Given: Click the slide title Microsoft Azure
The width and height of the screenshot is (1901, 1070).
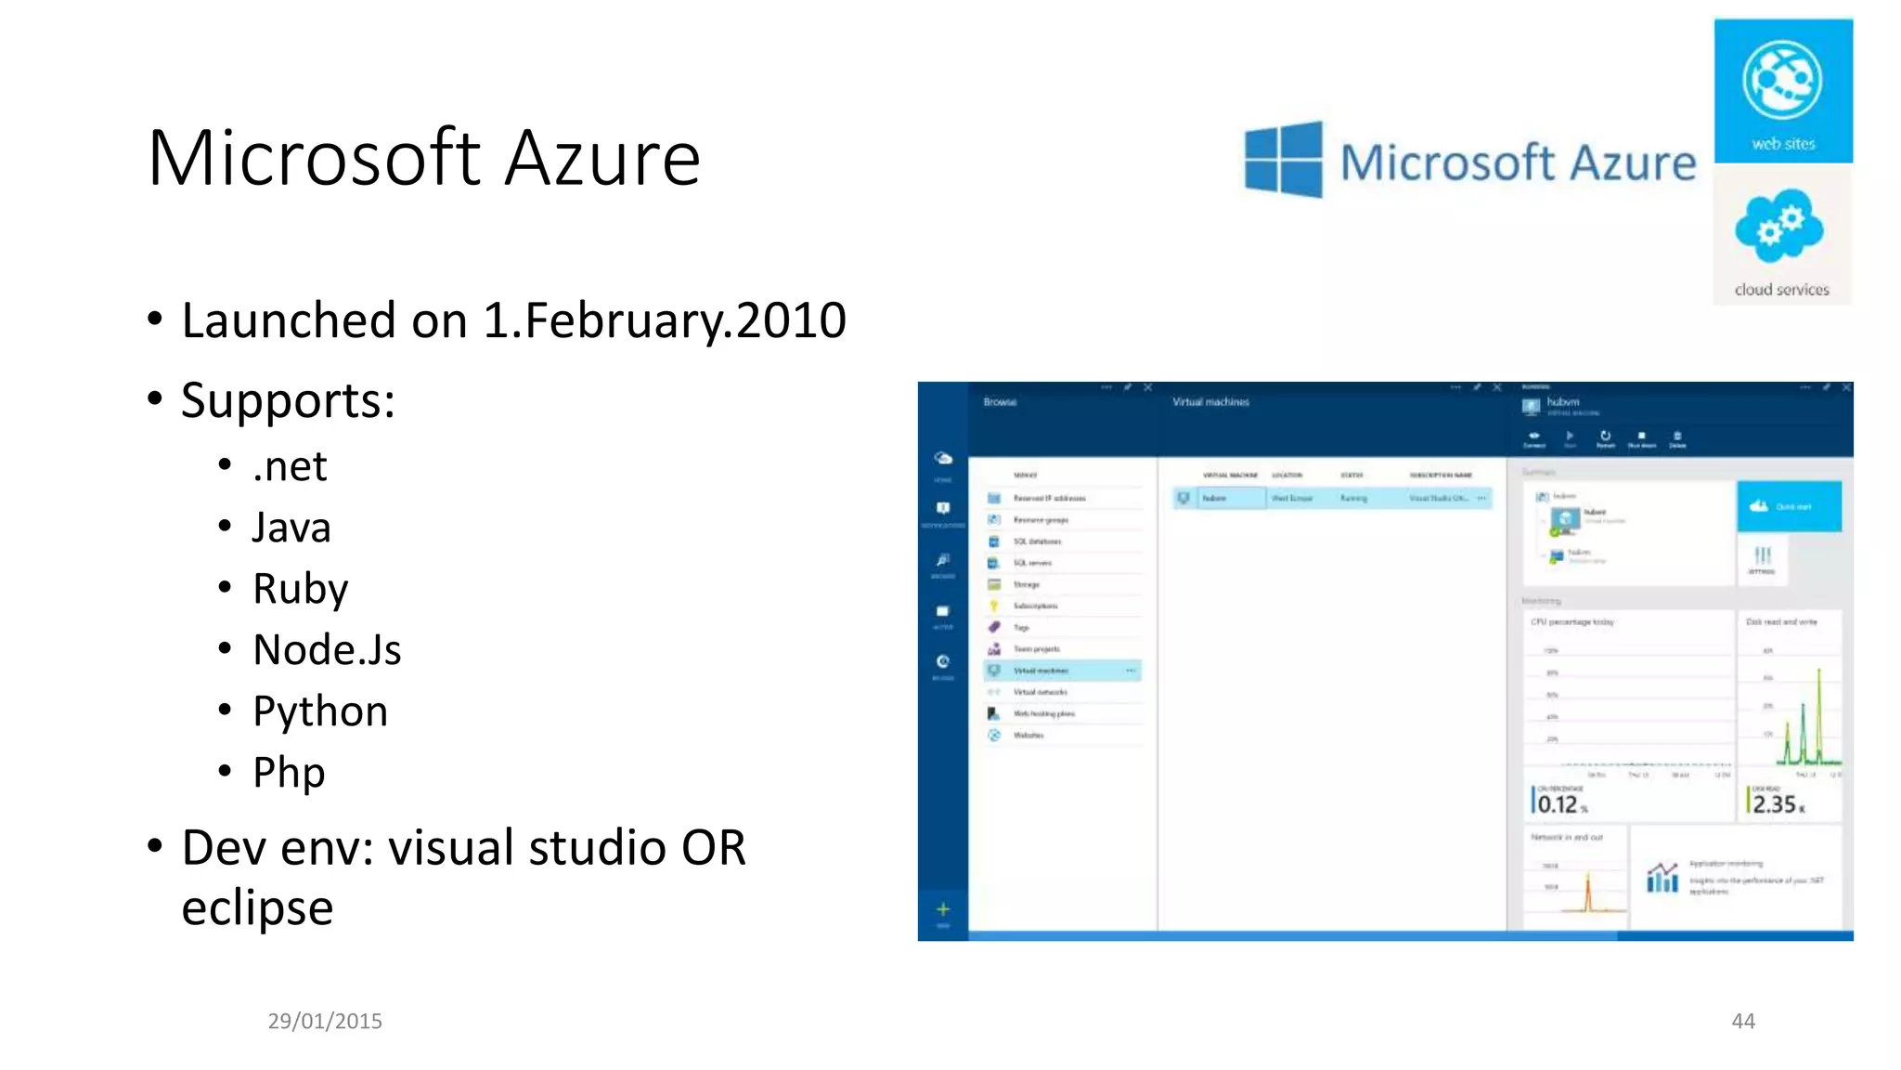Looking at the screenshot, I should [x=423, y=158].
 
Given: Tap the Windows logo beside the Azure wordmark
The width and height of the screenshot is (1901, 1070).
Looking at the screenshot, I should [x=1284, y=160].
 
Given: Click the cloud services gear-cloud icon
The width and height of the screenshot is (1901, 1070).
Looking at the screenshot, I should [x=1779, y=226].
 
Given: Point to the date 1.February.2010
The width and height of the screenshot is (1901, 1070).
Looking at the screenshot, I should [x=664, y=320].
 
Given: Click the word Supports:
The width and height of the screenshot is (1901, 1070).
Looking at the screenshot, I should [x=288, y=401].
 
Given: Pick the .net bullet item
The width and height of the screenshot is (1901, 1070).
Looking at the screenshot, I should [x=290, y=466].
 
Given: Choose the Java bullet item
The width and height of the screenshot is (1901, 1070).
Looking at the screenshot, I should [x=291, y=528].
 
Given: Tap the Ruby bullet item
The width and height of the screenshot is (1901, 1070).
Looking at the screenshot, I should [x=300, y=589].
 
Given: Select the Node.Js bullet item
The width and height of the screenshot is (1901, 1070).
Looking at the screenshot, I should [x=327, y=649].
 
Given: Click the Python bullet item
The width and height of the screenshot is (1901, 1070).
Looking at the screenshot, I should [x=320, y=711].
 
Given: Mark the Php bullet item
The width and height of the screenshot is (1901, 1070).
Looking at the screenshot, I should [x=289, y=773].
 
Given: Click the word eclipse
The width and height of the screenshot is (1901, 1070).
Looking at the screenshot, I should [x=257, y=907].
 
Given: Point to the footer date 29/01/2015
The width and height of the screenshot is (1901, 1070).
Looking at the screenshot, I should [x=325, y=1021].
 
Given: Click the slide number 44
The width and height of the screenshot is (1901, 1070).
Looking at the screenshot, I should [x=1742, y=1021].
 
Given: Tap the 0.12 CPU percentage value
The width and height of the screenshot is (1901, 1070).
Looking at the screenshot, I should [x=1558, y=803].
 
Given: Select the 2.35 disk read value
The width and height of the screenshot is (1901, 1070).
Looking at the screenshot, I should [x=1774, y=803].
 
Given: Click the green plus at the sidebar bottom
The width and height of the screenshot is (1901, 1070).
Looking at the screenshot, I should [x=942, y=909].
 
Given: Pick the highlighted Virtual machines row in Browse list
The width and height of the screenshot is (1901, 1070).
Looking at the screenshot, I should [x=1062, y=671].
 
